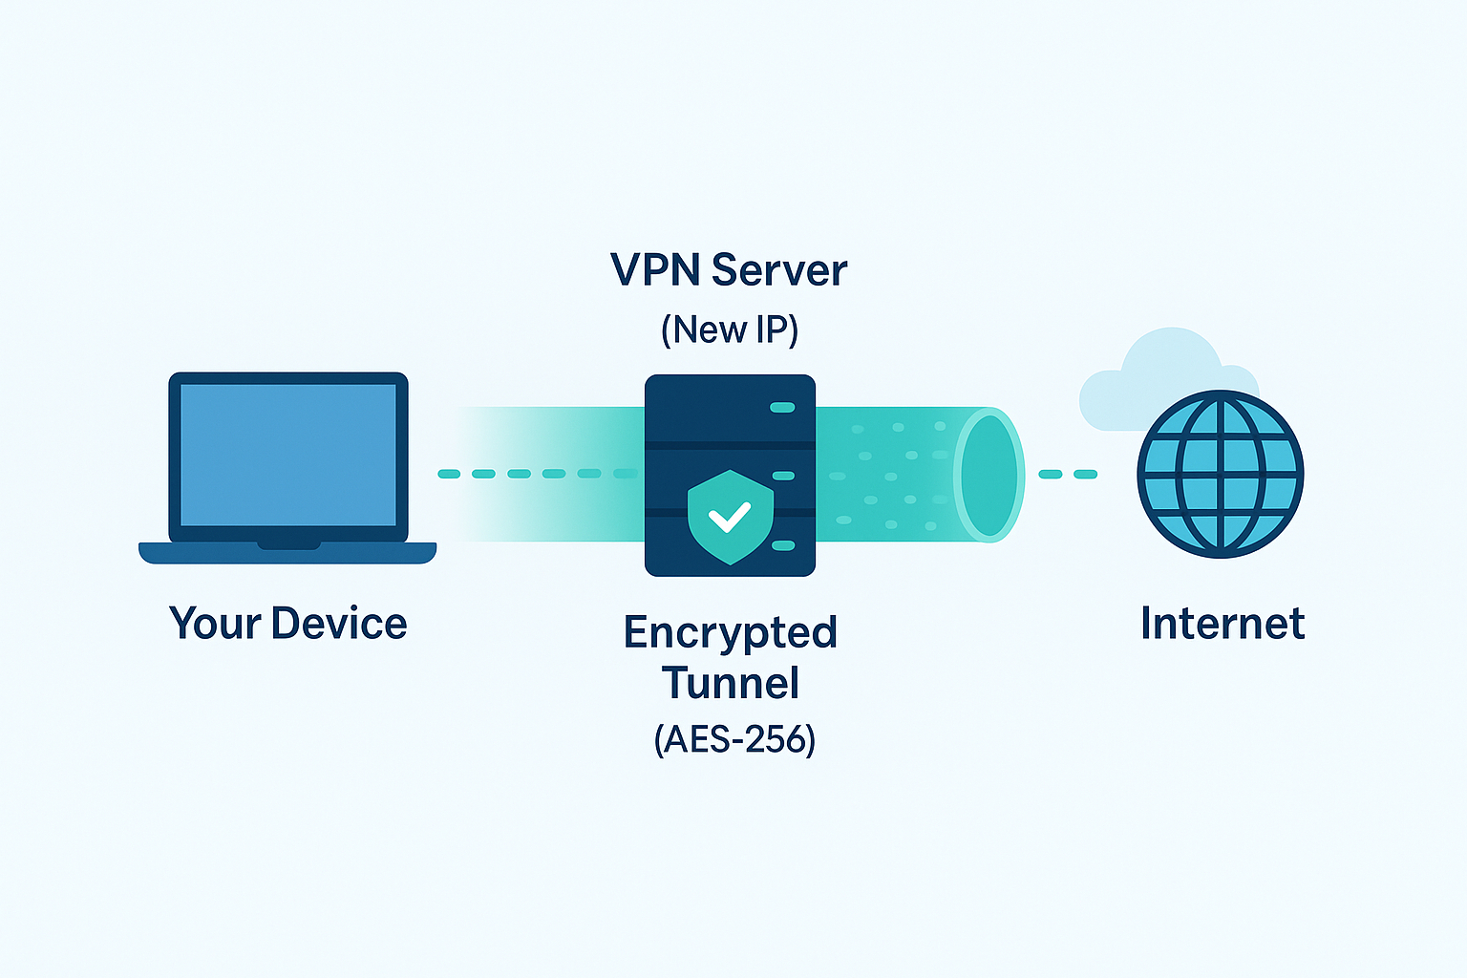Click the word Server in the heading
point(778,271)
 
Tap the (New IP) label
point(729,330)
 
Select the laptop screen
point(287,456)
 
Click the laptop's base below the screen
point(287,553)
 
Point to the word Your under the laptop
point(215,624)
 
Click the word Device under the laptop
point(339,624)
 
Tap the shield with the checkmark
point(730,517)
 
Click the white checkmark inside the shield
point(730,518)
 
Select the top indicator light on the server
point(782,408)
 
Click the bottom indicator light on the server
point(782,545)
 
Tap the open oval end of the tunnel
point(989,475)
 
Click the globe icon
point(1220,474)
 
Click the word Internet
point(1222,625)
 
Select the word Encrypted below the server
point(730,633)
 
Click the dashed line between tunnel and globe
point(1068,474)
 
